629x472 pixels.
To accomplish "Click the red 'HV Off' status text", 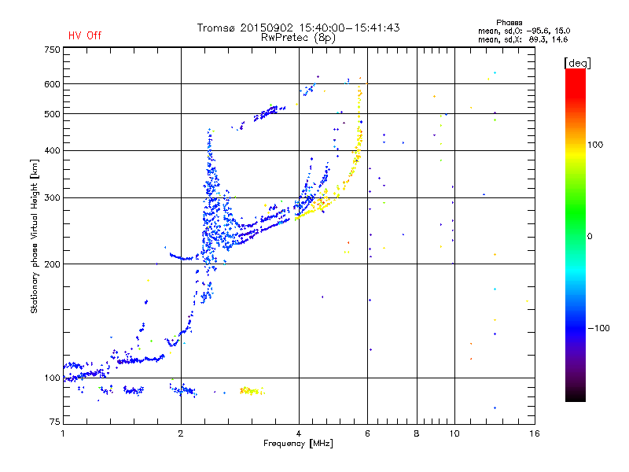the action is click(x=85, y=35).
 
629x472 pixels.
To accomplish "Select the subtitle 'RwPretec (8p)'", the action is click(x=298, y=38).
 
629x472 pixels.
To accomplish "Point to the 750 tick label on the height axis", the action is click(x=53, y=50).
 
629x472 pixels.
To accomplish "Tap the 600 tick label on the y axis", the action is click(x=53, y=84).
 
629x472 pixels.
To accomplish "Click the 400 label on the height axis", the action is click(x=53, y=150).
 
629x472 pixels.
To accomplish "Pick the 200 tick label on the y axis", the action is click(x=53, y=264).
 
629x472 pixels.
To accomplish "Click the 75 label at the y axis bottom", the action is click(x=55, y=422).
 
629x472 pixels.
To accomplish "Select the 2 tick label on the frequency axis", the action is click(x=181, y=433).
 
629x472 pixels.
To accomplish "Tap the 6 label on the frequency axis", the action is click(x=367, y=433).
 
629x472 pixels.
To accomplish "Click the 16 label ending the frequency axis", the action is click(x=535, y=433).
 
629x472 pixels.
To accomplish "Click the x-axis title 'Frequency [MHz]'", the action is click(x=298, y=444).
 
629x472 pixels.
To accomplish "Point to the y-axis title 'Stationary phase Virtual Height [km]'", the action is click(x=35, y=237).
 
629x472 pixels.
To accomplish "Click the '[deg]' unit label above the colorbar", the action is click(x=578, y=63).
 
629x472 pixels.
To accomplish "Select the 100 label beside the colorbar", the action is click(x=595, y=145).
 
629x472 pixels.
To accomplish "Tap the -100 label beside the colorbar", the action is click(x=598, y=328).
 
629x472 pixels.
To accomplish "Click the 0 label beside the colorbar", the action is click(x=590, y=237).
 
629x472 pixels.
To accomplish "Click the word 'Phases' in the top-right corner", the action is click(x=509, y=23).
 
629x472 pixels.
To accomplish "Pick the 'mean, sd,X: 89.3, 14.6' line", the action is click(x=523, y=40).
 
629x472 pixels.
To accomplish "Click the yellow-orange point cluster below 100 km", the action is click(x=252, y=390).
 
